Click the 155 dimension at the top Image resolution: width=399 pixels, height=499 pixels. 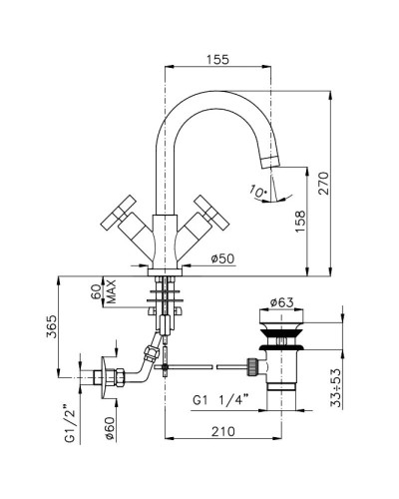coord(217,60)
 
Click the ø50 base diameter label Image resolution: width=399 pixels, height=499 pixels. coord(222,260)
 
